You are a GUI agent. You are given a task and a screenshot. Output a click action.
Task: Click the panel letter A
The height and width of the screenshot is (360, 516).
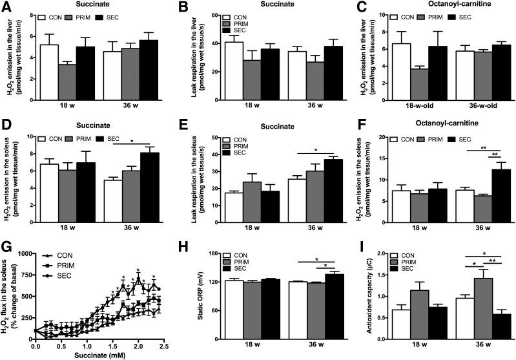(5, 6)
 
